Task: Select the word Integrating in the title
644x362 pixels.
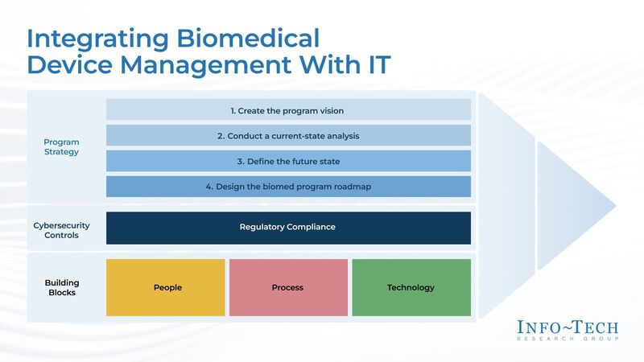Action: [89, 38]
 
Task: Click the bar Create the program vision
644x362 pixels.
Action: [288, 110]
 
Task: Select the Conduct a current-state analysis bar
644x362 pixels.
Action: [288, 136]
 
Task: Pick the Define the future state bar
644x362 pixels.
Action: [288, 161]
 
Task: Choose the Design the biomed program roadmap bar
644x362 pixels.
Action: [288, 187]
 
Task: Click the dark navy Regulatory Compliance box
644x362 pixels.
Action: [288, 227]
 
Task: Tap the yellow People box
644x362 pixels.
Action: [167, 287]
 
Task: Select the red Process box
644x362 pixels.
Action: [288, 287]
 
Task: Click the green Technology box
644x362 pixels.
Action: [411, 287]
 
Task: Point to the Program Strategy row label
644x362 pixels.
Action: [61, 147]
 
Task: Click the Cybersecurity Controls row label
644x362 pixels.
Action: [61, 231]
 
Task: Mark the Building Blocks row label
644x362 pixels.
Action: [61, 287]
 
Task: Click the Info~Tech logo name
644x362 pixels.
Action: [568, 327]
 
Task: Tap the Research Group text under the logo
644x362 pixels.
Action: [568, 339]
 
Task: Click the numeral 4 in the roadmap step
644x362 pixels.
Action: [208, 187]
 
